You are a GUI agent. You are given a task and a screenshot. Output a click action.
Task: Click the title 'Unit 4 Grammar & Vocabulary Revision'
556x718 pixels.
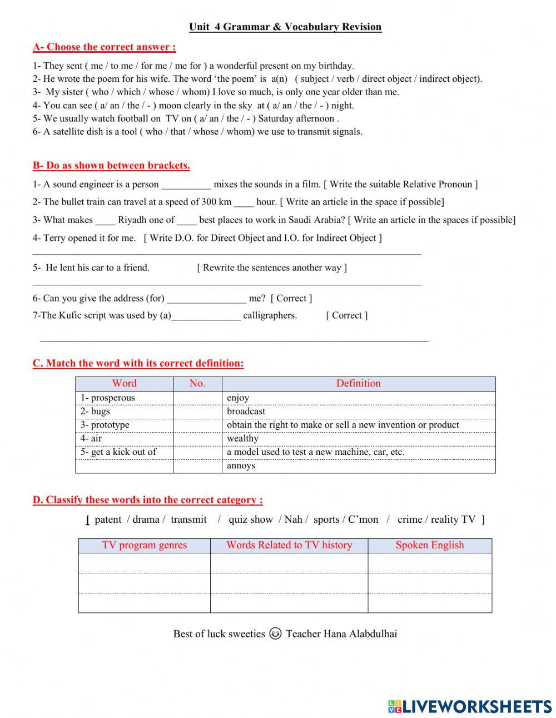[x=285, y=27]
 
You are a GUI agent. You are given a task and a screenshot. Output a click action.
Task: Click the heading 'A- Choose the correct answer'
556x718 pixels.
[x=104, y=47]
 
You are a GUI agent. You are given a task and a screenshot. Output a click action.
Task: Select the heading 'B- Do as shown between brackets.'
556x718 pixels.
[x=111, y=165]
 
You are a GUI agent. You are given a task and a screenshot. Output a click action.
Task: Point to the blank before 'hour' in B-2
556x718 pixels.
[x=244, y=202]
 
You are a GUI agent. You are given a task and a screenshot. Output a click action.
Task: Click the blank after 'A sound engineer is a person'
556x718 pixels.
[x=186, y=185]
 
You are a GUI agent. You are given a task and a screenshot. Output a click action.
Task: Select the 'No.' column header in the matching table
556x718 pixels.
[x=197, y=383]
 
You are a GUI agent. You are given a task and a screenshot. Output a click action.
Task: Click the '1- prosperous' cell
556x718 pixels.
[x=124, y=398]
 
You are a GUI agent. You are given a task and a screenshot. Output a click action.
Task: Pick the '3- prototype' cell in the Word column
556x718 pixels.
[x=124, y=425]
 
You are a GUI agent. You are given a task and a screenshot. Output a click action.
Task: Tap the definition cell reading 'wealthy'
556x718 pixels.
[x=358, y=438]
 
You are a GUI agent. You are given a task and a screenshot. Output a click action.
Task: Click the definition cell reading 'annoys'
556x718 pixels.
[x=358, y=466]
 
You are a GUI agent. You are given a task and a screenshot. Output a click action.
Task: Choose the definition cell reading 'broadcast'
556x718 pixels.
[x=358, y=412]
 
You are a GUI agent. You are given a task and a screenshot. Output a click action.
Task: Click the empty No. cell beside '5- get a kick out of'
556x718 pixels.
[x=197, y=452]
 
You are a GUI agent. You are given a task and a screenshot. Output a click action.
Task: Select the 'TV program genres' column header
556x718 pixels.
[x=145, y=545]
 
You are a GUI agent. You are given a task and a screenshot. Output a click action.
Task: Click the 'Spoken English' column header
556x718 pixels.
[x=430, y=545]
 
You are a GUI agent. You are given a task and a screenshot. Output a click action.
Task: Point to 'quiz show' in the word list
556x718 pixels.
[x=251, y=519]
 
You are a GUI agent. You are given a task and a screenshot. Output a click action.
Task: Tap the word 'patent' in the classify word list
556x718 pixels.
[x=108, y=519]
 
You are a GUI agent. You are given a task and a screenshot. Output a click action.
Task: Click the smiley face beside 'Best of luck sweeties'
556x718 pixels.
[x=275, y=633]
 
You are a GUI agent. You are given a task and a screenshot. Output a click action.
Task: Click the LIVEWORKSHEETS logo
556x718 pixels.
[x=470, y=706]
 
